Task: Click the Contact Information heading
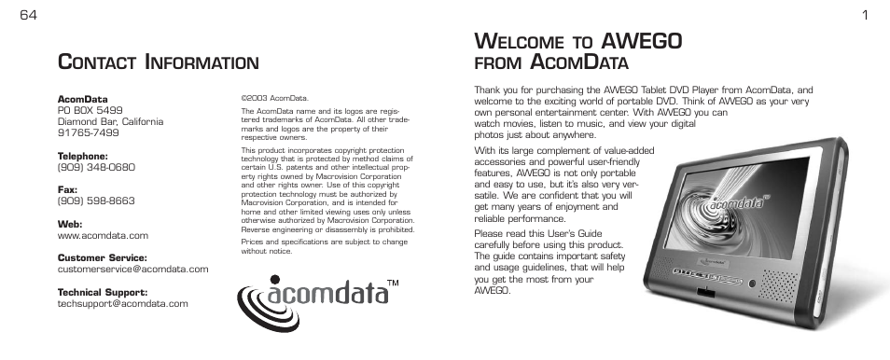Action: pos(158,62)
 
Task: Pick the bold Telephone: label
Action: pos(83,156)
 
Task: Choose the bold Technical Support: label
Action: pos(104,292)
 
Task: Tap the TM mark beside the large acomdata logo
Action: pos(394,283)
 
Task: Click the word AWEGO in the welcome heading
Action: pos(643,41)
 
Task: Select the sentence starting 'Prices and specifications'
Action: pos(324,246)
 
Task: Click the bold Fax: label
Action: pos(69,189)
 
